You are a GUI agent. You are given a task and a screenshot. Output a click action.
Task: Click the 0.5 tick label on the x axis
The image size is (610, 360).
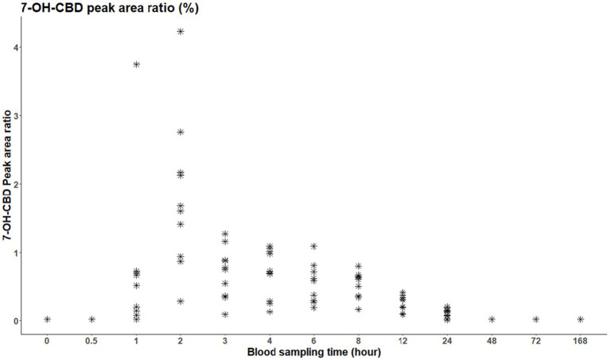pos(92,341)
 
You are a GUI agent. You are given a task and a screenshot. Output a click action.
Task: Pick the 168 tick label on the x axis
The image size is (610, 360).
pos(581,341)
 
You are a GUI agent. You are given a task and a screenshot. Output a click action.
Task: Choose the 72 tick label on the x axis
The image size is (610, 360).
pos(536,341)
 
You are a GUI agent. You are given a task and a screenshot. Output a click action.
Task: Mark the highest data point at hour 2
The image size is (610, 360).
pos(181,32)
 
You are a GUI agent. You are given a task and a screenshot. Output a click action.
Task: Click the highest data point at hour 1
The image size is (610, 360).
pos(136,64)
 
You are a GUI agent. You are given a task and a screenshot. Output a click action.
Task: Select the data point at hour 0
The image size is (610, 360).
pos(48,319)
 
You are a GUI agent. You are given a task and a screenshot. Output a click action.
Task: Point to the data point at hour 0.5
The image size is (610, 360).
pos(92,319)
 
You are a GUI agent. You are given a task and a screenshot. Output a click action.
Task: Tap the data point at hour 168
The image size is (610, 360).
pos(581,319)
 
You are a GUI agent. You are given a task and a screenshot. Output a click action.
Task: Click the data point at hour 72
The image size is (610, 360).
pos(536,319)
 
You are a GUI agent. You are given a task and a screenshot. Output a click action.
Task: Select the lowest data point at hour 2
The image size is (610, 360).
pos(181,301)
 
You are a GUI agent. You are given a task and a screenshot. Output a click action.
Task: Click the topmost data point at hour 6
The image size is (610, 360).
pos(314,246)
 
